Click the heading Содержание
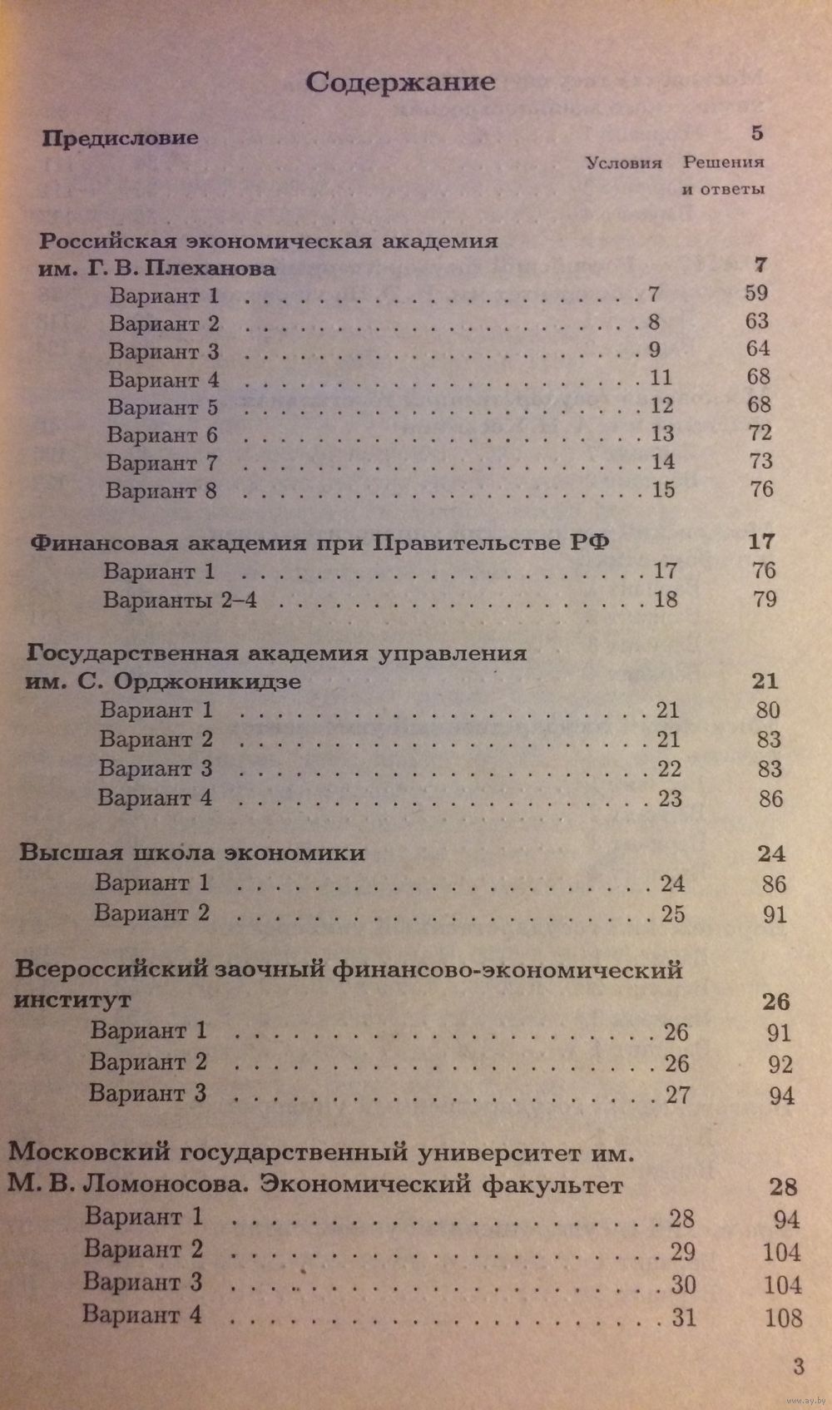(400, 82)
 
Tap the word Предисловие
(121, 138)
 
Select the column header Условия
(624, 163)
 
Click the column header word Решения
(723, 162)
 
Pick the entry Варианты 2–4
(180, 600)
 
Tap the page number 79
(764, 599)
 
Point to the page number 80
(767, 710)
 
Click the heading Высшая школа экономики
(192, 853)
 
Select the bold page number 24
(771, 853)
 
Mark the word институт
(72, 998)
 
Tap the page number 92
(780, 1065)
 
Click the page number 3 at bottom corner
(799, 1366)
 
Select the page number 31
(683, 1317)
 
